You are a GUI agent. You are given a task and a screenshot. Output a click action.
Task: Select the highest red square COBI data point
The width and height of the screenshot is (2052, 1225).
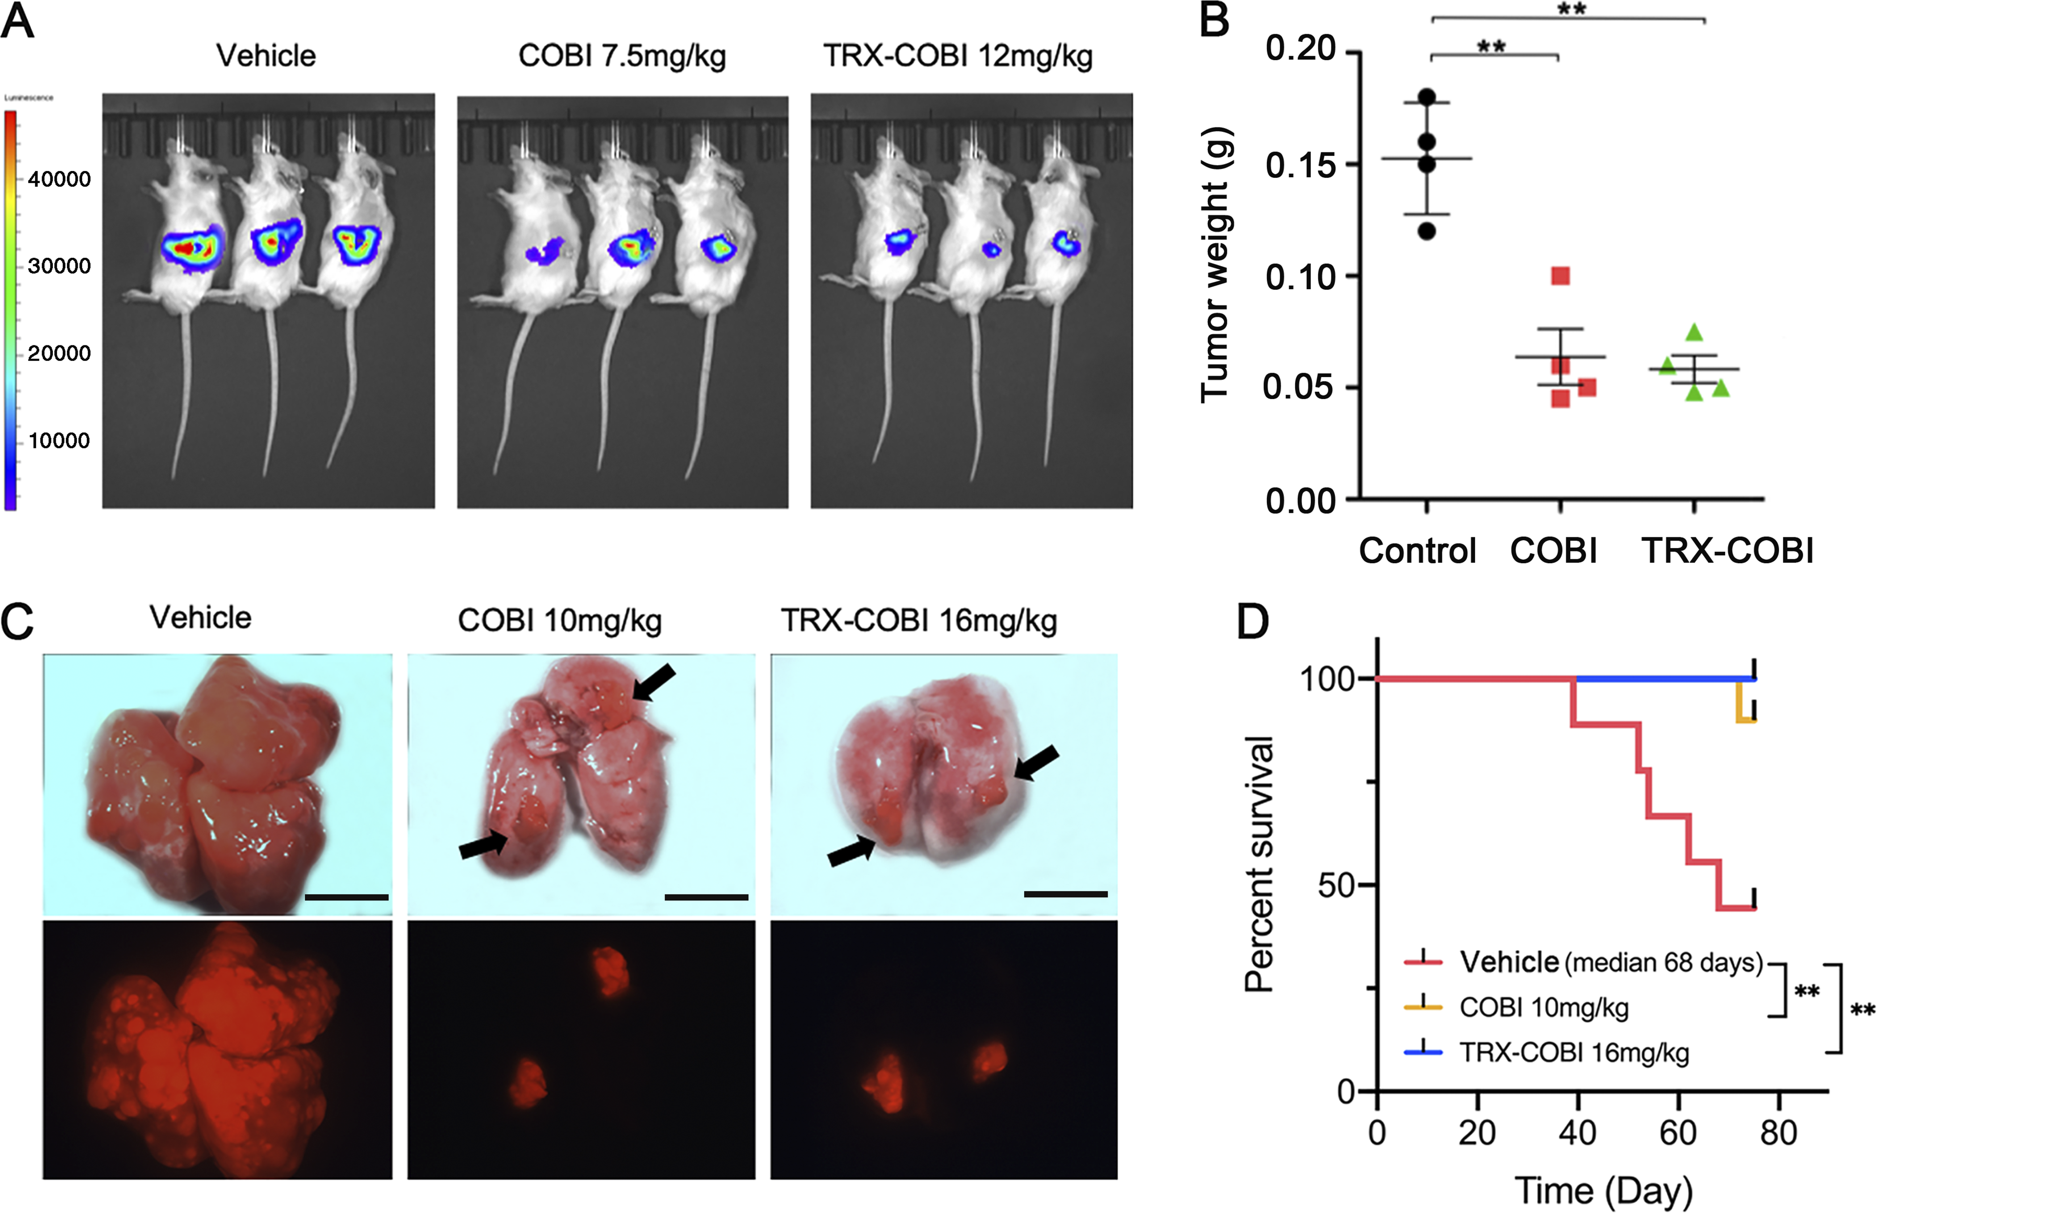click(1560, 275)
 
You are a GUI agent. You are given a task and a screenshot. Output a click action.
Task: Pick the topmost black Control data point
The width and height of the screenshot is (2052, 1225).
click(1427, 97)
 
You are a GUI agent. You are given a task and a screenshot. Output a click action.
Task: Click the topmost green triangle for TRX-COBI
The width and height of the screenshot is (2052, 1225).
click(1694, 333)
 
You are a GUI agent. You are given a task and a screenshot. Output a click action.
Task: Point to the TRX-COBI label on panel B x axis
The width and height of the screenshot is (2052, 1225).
click(1728, 550)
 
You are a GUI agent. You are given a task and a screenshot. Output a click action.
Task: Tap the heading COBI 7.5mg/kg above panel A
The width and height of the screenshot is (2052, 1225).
click(621, 56)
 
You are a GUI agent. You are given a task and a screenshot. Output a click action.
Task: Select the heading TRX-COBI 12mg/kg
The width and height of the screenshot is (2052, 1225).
click(958, 56)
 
